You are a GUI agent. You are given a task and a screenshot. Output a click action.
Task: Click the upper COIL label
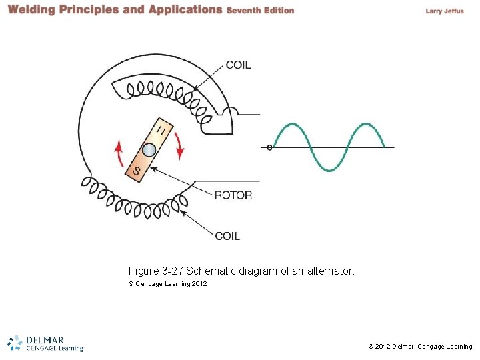coord(239,65)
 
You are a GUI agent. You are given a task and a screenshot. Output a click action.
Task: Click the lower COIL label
coord(228,235)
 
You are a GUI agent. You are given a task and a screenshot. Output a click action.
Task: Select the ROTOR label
coord(233,195)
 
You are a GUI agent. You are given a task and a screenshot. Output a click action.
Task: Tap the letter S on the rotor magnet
coord(137,171)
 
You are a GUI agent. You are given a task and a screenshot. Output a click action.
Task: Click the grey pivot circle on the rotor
coord(149,150)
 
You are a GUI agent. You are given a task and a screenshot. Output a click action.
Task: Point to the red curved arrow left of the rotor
coord(119,153)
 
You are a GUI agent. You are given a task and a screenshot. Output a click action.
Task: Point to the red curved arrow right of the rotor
coord(179,145)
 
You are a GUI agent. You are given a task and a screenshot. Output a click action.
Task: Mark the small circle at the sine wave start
coord(269,147)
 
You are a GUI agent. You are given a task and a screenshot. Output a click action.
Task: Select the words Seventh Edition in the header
coord(260,11)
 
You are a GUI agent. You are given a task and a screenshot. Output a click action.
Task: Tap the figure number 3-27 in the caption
coord(173,271)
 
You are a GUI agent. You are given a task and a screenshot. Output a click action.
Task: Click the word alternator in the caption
coord(333,271)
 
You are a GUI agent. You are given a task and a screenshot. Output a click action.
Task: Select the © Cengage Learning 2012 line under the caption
coord(167,284)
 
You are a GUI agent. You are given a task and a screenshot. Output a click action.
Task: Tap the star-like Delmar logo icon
coord(15,343)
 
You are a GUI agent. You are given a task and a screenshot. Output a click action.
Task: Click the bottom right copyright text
coord(420,347)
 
